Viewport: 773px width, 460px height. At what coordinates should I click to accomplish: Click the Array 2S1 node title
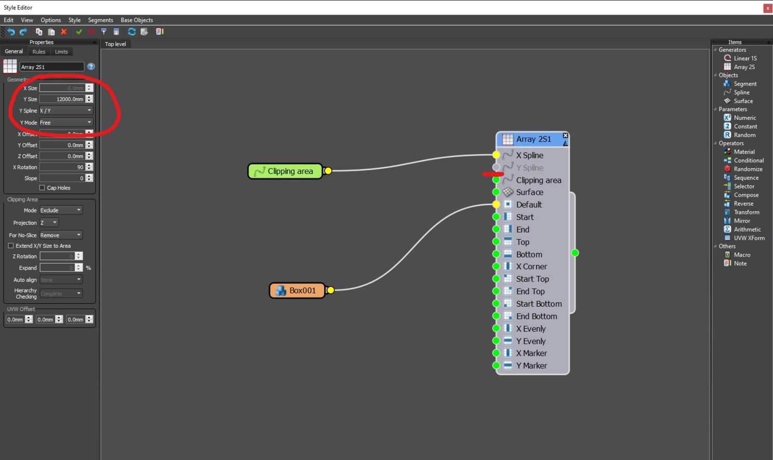pyautogui.click(x=533, y=139)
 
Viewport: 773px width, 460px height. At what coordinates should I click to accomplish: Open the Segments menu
pyautogui.click(x=100, y=20)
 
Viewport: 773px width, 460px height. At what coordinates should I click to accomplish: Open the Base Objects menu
pyautogui.click(x=137, y=20)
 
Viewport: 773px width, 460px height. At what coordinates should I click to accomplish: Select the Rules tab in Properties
pyautogui.click(x=39, y=52)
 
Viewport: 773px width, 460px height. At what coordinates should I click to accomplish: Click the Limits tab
pyautogui.click(x=61, y=52)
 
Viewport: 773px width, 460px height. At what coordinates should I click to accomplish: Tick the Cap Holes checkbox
pyautogui.click(x=42, y=188)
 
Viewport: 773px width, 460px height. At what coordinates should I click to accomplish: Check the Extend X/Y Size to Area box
pyautogui.click(x=11, y=246)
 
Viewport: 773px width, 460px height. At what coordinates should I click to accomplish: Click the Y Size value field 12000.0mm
pyautogui.click(x=62, y=99)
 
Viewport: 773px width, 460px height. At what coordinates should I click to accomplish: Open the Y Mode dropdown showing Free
pyautogui.click(x=66, y=123)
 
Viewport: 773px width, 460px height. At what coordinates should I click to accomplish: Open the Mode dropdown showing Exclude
pyautogui.click(x=61, y=210)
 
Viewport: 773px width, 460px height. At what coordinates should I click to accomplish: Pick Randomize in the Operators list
pyautogui.click(x=748, y=169)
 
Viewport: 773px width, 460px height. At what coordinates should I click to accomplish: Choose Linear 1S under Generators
pyautogui.click(x=745, y=58)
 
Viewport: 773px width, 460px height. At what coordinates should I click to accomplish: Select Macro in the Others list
pyautogui.click(x=742, y=255)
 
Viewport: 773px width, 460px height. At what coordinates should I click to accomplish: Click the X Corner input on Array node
pyautogui.click(x=497, y=266)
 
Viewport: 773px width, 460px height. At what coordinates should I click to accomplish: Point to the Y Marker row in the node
pyautogui.click(x=531, y=366)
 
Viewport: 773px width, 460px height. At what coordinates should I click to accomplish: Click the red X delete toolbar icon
pyautogui.click(x=64, y=32)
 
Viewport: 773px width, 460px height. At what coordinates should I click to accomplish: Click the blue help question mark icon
pyautogui.click(x=91, y=66)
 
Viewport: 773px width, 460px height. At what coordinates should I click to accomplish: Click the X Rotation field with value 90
pyautogui.click(x=62, y=167)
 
